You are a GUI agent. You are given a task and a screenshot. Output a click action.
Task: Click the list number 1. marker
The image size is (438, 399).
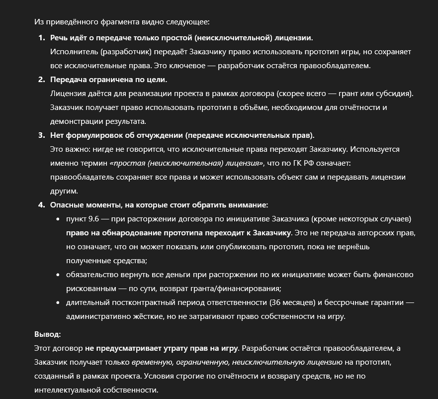pyautogui.click(x=41, y=38)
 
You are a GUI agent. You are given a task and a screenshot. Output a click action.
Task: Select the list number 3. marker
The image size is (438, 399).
pyautogui.click(x=41, y=135)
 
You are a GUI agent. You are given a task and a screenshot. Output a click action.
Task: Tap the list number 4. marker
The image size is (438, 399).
pyautogui.click(x=41, y=205)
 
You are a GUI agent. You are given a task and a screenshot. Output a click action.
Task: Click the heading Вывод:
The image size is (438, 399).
pyautogui.click(x=47, y=334)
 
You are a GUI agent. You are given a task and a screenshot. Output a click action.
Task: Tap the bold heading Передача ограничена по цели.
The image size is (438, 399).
pyautogui.click(x=108, y=80)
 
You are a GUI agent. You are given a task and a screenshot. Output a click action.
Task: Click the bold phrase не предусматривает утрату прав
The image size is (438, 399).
pyautogui.click(x=162, y=348)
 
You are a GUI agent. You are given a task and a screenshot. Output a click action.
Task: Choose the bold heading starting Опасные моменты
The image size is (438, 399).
pyautogui.click(x=159, y=205)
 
